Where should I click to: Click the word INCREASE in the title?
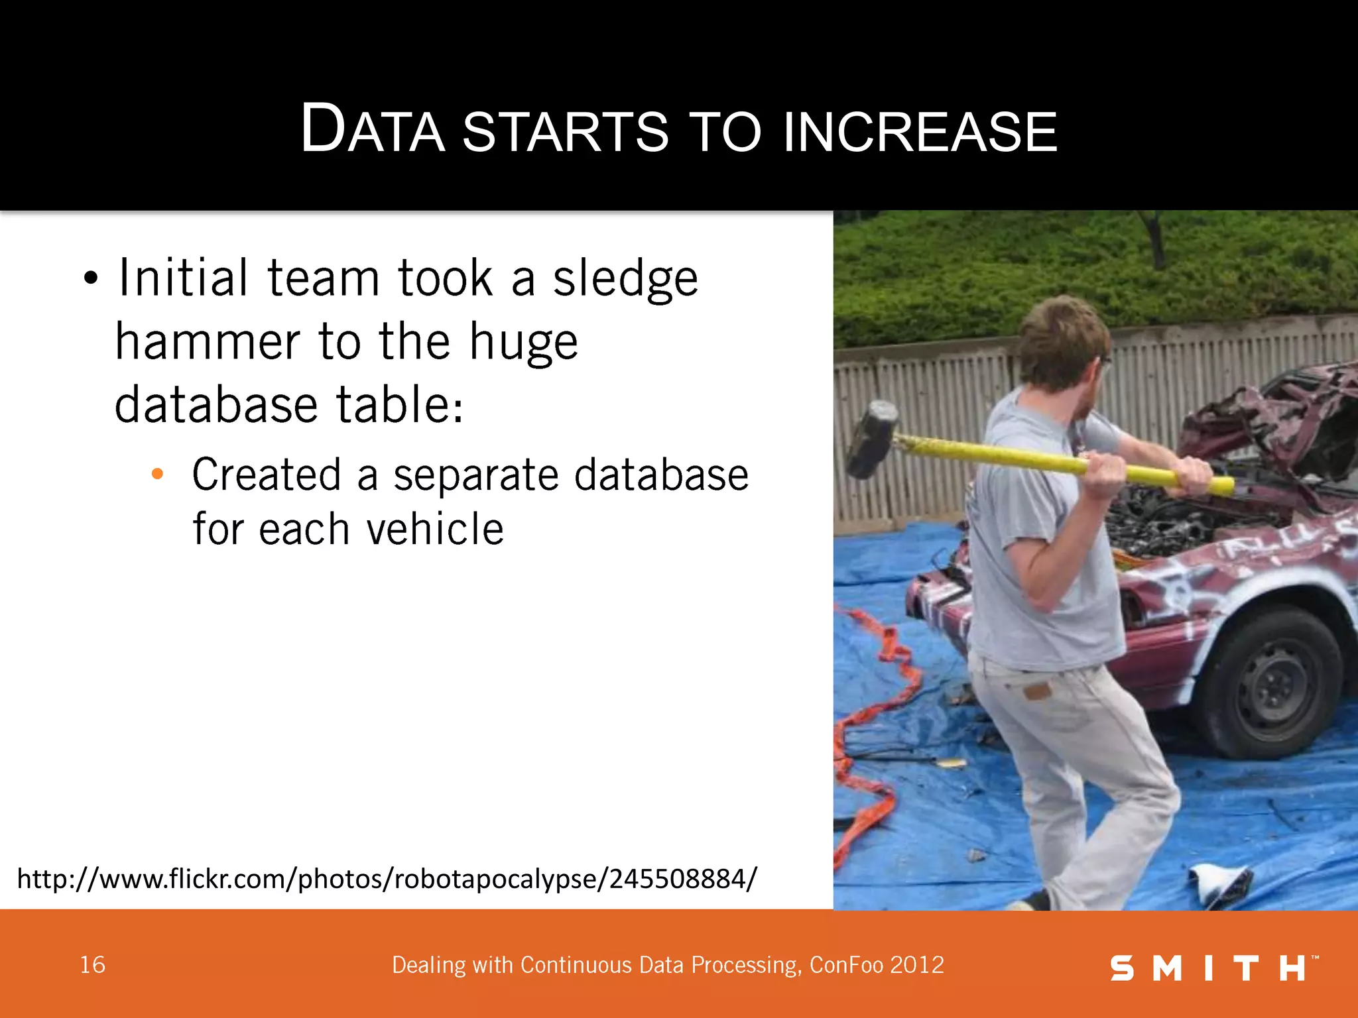[920, 131]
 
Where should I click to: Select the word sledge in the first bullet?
[625, 278]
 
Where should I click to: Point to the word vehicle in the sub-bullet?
[435, 530]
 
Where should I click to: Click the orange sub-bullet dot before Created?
[157, 474]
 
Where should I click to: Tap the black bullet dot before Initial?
[91, 279]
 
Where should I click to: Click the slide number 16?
[92, 965]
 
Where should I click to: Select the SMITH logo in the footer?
[1213, 968]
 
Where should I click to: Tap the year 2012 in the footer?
[918, 965]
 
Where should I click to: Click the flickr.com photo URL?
[387, 879]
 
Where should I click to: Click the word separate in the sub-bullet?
[475, 475]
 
